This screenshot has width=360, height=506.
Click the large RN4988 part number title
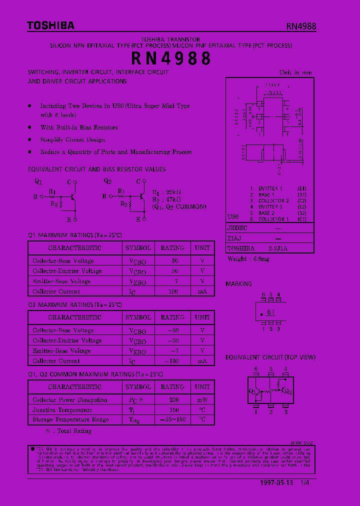pyautogui.click(x=171, y=58)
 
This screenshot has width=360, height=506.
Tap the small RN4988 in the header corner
pyautogui.click(x=301, y=27)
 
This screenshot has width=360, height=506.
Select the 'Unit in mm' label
pyautogui.click(x=295, y=72)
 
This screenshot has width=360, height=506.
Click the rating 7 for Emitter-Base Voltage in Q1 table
pyautogui.click(x=176, y=281)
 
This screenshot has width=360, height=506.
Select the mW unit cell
pyautogui.click(x=202, y=400)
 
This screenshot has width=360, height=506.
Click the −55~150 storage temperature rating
pyautogui.click(x=172, y=420)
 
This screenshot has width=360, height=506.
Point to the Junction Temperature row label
pyautogui.click(x=62, y=410)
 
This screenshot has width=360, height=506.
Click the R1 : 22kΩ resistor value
pyautogui.click(x=166, y=192)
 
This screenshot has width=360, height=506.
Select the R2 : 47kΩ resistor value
pyautogui.click(x=166, y=199)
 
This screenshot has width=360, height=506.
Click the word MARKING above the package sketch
pyautogui.click(x=239, y=284)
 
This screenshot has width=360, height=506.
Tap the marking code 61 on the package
pyautogui.click(x=270, y=312)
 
